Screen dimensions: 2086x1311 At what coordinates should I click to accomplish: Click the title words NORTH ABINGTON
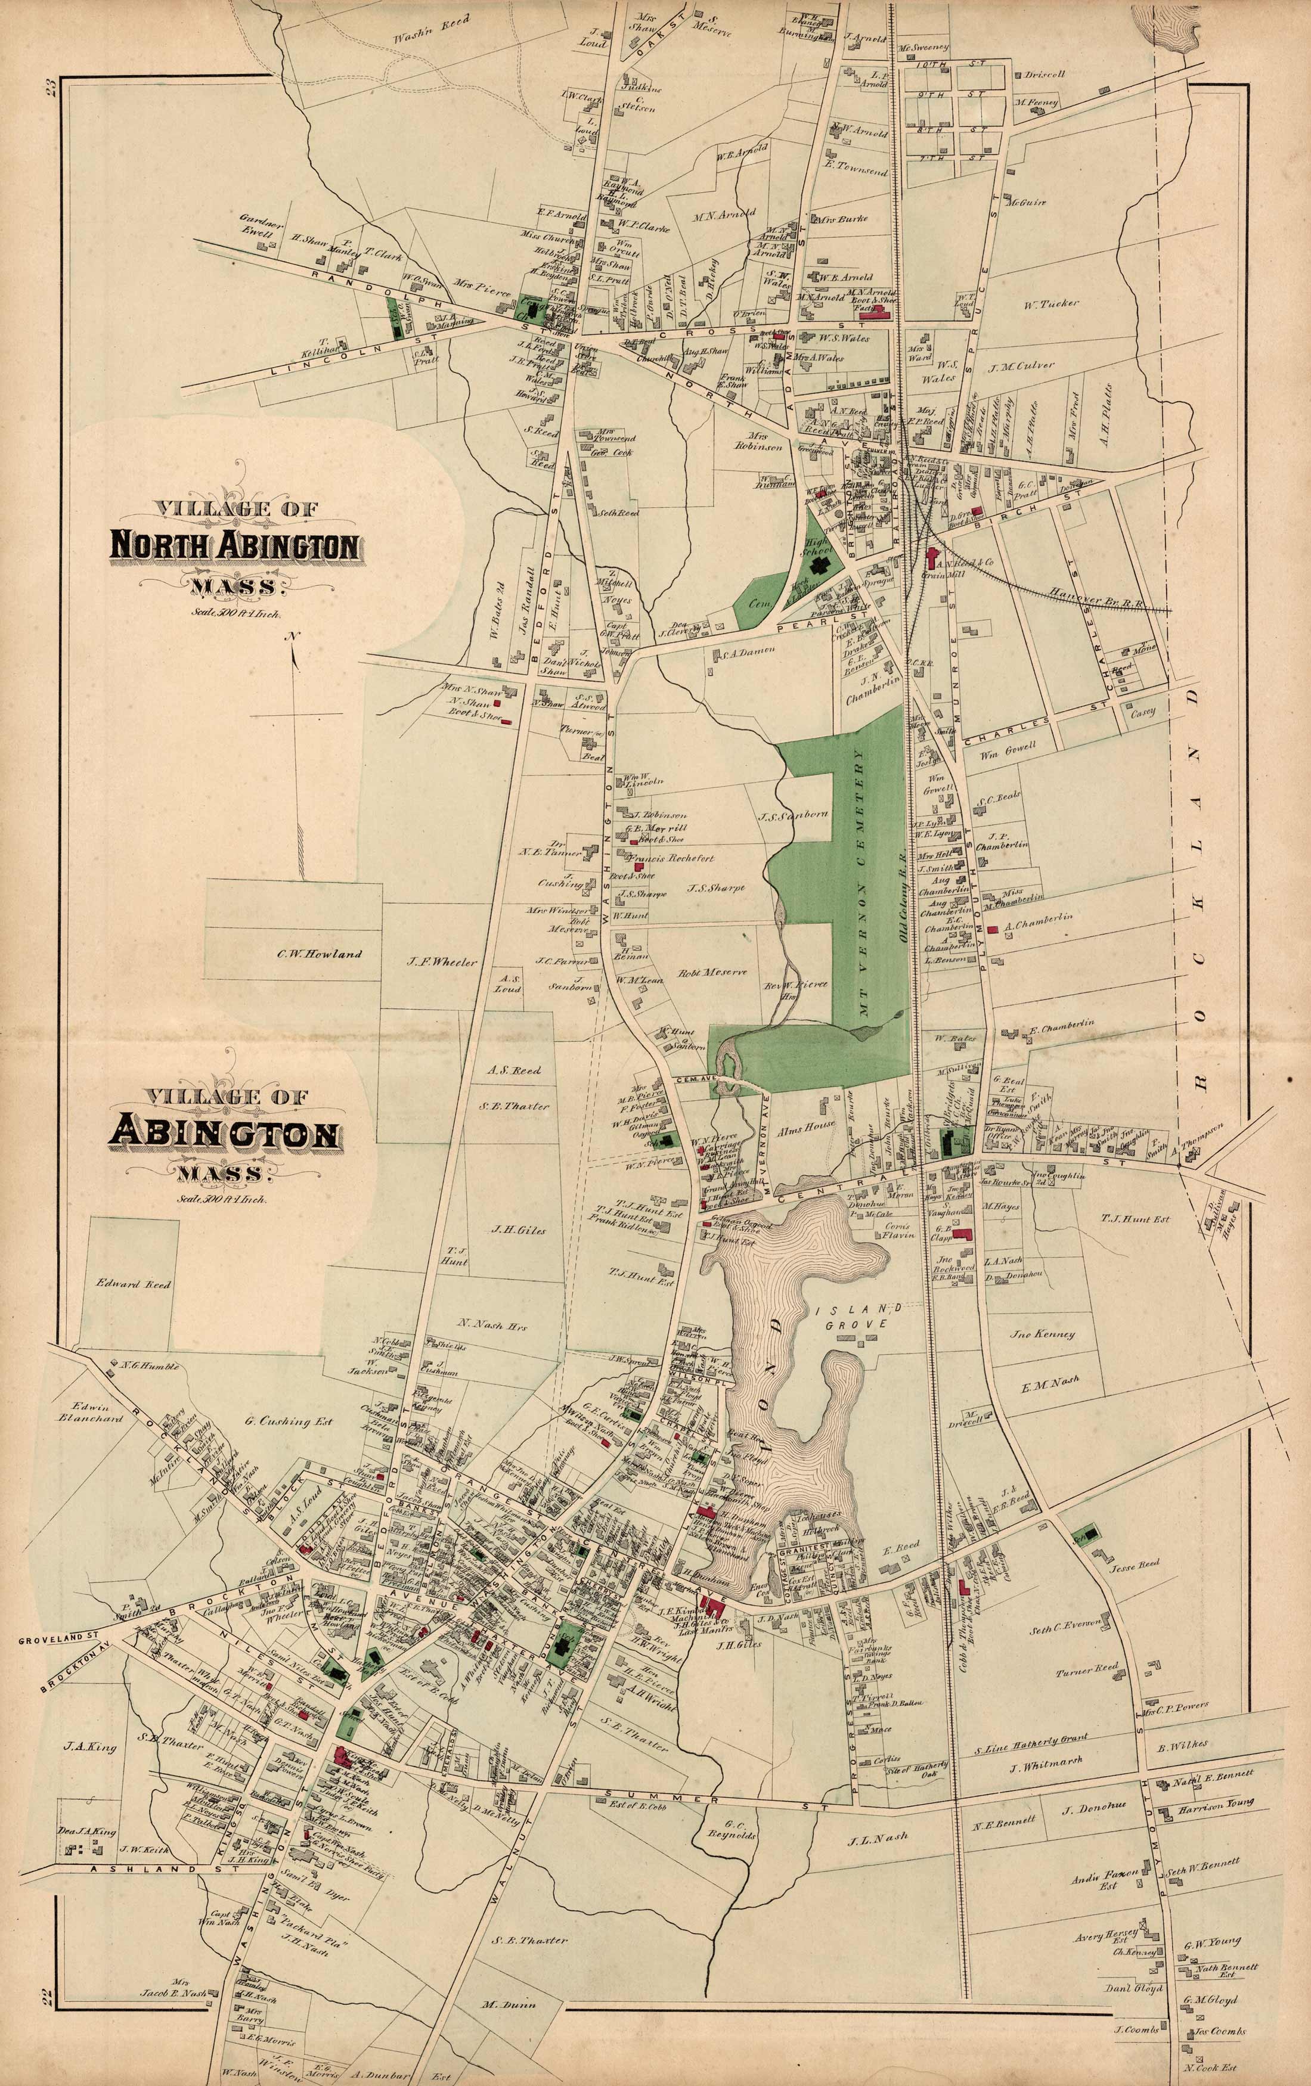[x=234, y=547]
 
